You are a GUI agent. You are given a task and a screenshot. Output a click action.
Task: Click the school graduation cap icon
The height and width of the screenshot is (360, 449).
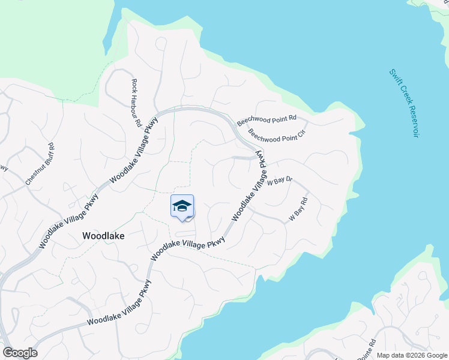click(x=182, y=206)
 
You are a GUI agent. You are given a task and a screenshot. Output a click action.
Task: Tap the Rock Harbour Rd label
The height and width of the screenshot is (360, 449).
click(x=136, y=103)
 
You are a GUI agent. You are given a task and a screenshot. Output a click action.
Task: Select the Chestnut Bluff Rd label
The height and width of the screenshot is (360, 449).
click(x=40, y=164)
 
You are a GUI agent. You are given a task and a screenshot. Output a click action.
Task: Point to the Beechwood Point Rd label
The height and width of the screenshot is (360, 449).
click(x=267, y=119)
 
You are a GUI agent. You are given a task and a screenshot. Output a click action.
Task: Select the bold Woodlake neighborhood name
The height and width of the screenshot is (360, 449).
click(x=103, y=236)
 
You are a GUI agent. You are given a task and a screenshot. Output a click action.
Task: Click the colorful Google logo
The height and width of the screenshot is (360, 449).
click(x=20, y=353)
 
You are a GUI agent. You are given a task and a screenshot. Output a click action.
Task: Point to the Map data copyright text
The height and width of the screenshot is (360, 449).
click(x=411, y=355)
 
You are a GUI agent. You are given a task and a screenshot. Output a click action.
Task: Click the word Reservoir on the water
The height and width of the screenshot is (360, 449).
click(x=411, y=120)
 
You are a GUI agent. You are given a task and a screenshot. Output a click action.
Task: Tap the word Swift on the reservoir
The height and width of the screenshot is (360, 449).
click(x=394, y=76)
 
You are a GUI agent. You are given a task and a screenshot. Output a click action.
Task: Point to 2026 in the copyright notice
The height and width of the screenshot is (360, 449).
click(x=411, y=355)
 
